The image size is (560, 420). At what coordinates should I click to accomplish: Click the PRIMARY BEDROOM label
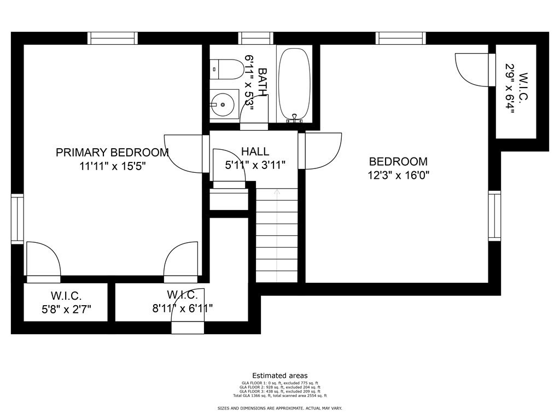[x=112, y=153]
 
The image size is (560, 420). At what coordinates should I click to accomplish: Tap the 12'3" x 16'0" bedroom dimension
[x=398, y=176]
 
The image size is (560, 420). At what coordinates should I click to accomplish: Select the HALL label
[x=255, y=151]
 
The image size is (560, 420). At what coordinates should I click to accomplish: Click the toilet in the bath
[x=229, y=69]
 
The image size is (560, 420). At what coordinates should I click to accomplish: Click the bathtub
[x=294, y=84]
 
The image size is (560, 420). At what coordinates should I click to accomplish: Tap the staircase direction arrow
[x=277, y=192]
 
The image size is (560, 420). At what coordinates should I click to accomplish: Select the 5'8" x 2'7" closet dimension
[x=66, y=309]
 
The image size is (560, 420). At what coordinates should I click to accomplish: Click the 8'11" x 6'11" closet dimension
[x=183, y=309]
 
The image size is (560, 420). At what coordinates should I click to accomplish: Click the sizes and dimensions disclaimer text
[x=279, y=409]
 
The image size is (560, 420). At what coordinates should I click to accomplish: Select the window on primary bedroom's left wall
[x=17, y=219]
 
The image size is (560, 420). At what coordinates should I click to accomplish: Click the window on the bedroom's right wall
[x=494, y=216]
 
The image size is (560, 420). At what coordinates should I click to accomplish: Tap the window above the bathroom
[x=256, y=38]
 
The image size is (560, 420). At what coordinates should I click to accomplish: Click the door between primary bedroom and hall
[x=185, y=153]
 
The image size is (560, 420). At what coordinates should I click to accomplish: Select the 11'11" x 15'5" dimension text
[x=112, y=166]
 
